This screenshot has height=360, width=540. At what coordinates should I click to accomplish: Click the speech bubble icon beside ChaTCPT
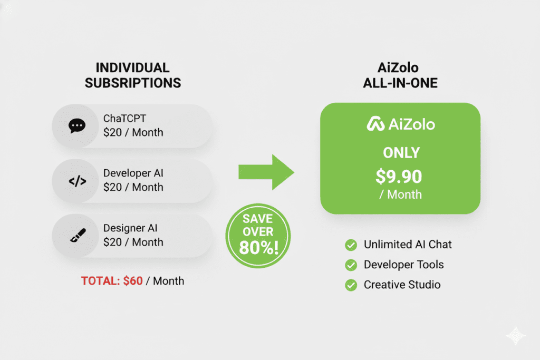[x=77, y=126]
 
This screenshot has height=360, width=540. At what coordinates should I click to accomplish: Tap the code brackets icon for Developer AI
[x=77, y=181]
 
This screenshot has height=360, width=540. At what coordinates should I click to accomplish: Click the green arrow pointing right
[x=266, y=172]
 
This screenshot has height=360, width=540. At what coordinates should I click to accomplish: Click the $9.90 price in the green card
[x=400, y=177]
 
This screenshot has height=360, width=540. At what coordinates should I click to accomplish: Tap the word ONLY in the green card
[x=401, y=153]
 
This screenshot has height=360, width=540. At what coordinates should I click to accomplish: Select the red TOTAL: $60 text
[x=112, y=281]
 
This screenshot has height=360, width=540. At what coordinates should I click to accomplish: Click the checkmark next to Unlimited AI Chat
[x=350, y=245]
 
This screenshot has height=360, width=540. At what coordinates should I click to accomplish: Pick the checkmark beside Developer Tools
[x=350, y=265]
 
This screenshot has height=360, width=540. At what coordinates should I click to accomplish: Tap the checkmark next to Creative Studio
[x=350, y=285]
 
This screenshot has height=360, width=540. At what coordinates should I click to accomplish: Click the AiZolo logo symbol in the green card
[x=375, y=124]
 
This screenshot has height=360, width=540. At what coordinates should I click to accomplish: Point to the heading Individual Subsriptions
[x=132, y=75]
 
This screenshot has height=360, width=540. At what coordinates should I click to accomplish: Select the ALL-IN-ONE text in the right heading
[x=400, y=83]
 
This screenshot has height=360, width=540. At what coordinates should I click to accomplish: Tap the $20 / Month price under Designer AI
[x=133, y=242]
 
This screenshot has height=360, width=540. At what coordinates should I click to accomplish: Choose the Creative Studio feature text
[x=402, y=285]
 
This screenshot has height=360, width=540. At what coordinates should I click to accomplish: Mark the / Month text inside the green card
[x=400, y=194]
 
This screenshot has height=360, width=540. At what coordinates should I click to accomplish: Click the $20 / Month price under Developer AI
[x=133, y=187]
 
